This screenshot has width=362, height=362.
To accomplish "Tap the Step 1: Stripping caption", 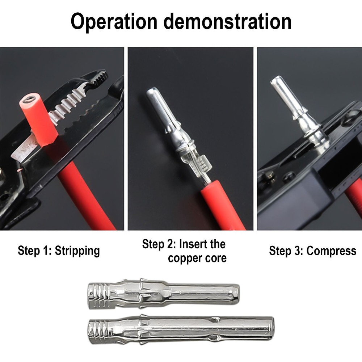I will [x=59, y=251].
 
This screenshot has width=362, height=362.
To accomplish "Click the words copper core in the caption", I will [x=197, y=258].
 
